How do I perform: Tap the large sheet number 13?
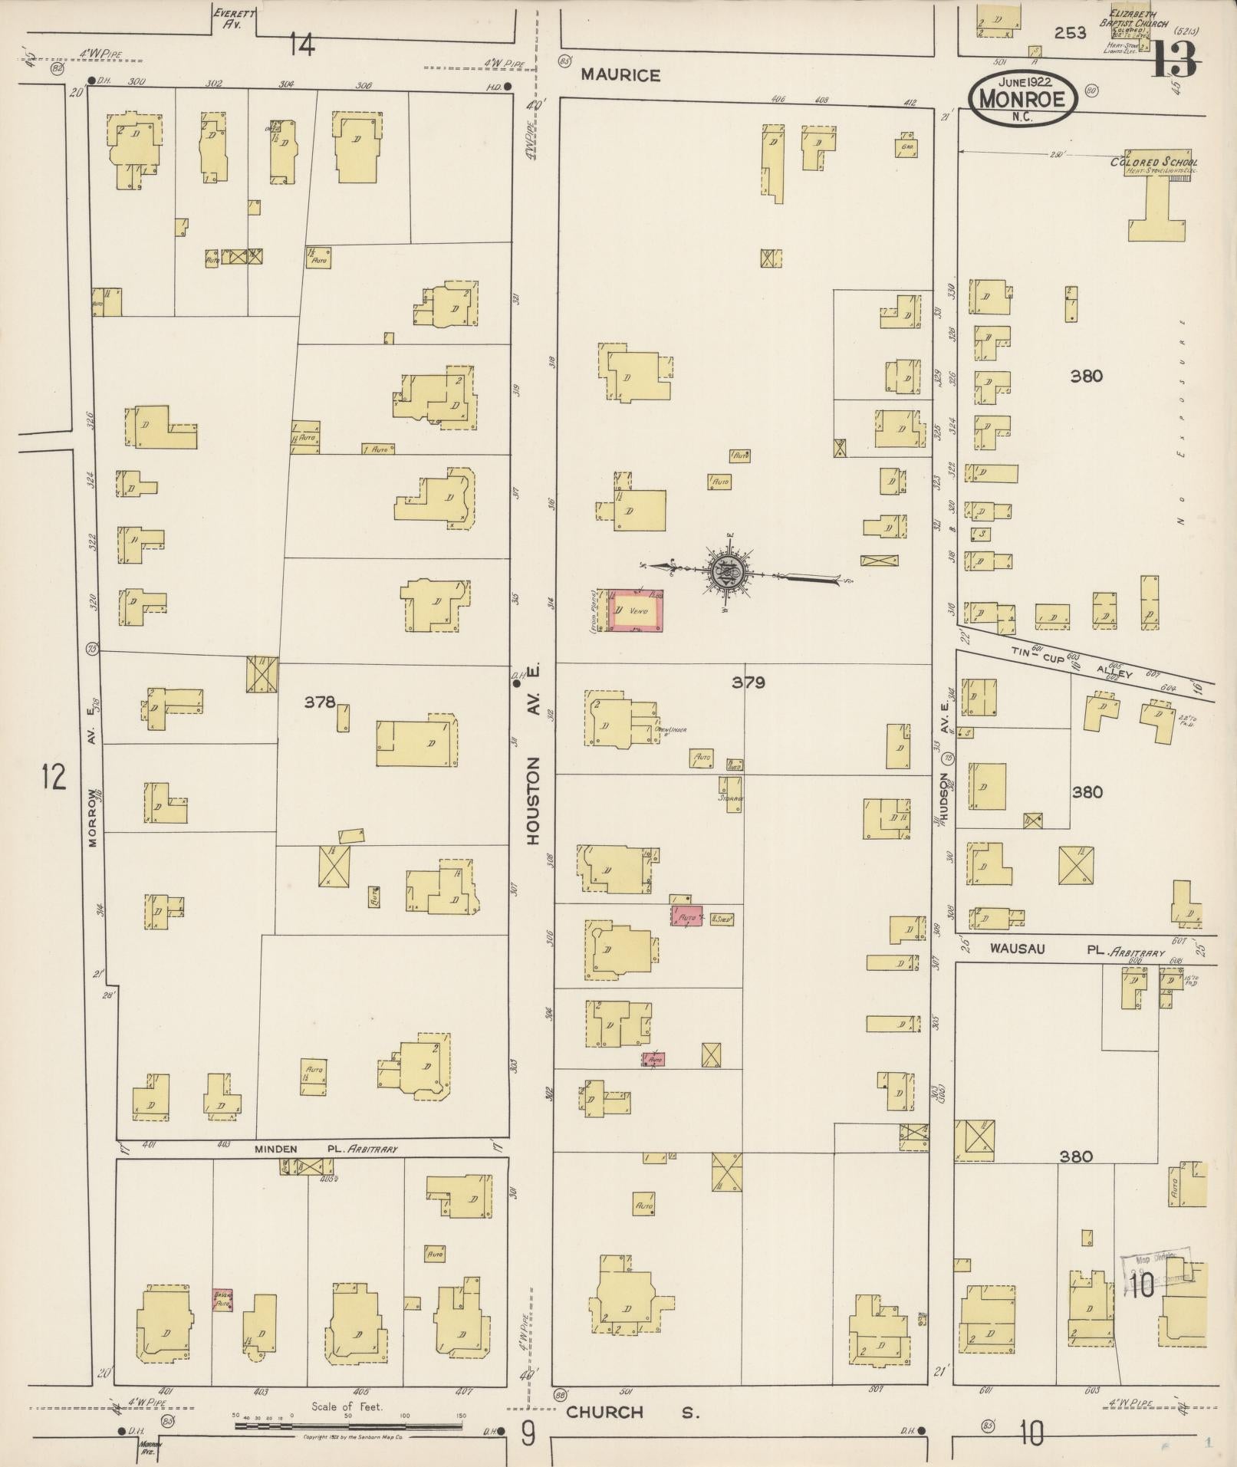1173,60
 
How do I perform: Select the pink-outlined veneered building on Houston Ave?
635,611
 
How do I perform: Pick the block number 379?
747,682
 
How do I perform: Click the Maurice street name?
620,74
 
